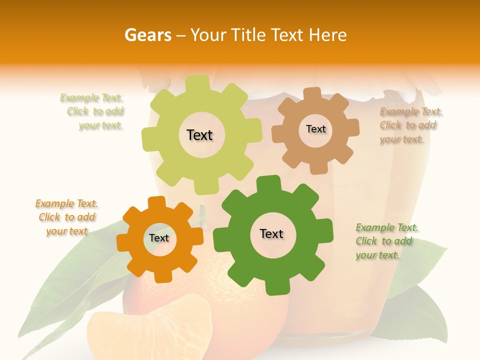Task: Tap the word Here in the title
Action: pos(328,35)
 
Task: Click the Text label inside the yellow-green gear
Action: pos(199,135)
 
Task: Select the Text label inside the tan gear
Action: pos(315,129)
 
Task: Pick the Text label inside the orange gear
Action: pos(159,238)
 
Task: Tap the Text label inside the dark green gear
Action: pos(271,233)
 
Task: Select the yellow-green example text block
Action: pos(94,111)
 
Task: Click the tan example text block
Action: pos(410,125)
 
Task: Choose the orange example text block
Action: pos(66,217)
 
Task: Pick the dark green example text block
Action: pos(386,241)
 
